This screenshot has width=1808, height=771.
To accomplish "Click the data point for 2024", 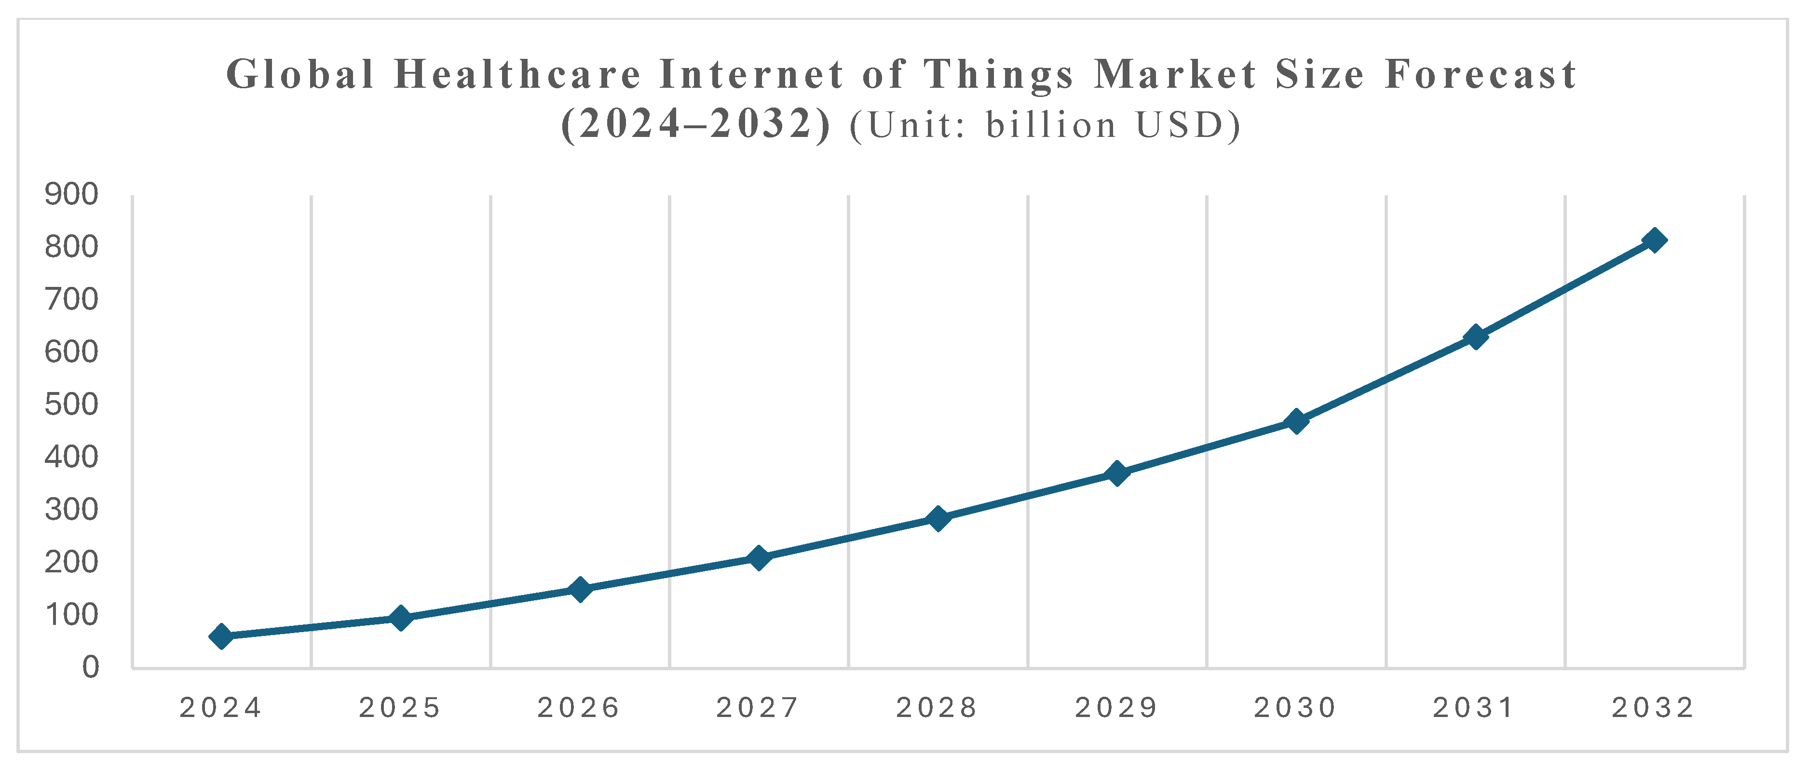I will pyautogui.click(x=221, y=636).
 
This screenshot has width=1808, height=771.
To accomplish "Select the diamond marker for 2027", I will pyautogui.click(x=758, y=558).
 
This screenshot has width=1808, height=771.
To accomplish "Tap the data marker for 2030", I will pyautogui.click(x=1296, y=421).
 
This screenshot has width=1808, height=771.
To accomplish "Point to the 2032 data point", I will pyautogui.click(x=1654, y=240).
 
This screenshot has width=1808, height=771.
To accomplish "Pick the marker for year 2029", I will pyautogui.click(x=1116, y=473).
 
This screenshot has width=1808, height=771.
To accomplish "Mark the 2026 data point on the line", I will pyautogui.click(x=580, y=589).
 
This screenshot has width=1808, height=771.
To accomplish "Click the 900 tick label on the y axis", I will pyautogui.click(x=71, y=194).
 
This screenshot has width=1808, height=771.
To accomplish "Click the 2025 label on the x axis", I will pyautogui.click(x=400, y=709).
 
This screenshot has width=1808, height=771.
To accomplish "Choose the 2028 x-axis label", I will pyautogui.click(x=937, y=709).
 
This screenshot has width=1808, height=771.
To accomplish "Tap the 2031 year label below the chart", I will pyautogui.click(x=1474, y=709).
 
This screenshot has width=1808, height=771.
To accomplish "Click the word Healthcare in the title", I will pyautogui.click(x=518, y=74).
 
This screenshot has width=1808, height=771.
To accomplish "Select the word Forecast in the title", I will pyautogui.click(x=1481, y=74).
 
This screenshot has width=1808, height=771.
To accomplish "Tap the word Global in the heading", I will pyautogui.click(x=300, y=74).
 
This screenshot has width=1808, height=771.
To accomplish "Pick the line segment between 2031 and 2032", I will pyautogui.click(x=1564, y=288).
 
